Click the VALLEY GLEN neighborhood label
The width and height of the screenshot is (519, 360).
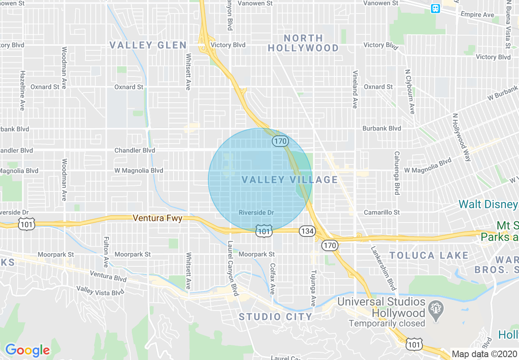click(x=148, y=45)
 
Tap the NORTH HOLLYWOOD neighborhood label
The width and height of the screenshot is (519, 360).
click(x=303, y=43)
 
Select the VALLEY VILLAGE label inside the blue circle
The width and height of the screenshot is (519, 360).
click(x=290, y=180)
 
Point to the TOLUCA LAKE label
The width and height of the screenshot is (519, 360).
click(x=429, y=256)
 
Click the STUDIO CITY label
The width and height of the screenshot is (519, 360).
click(x=276, y=317)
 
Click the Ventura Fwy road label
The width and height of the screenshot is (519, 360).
click(x=158, y=218)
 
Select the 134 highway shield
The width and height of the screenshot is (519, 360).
click(x=307, y=231)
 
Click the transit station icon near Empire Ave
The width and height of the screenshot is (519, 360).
click(x=436, y=9)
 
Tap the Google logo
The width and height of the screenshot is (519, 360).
click(x=27, y=350)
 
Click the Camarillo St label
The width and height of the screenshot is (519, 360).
click(x=381, y=212)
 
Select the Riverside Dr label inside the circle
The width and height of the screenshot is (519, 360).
click(x=256, y=213)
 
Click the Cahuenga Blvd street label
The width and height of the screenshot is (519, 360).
click(x=397, y=173)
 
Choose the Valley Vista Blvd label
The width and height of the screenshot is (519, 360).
click(x=100, y=290)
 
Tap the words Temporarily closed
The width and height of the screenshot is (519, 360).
click(x=387, y=324)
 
